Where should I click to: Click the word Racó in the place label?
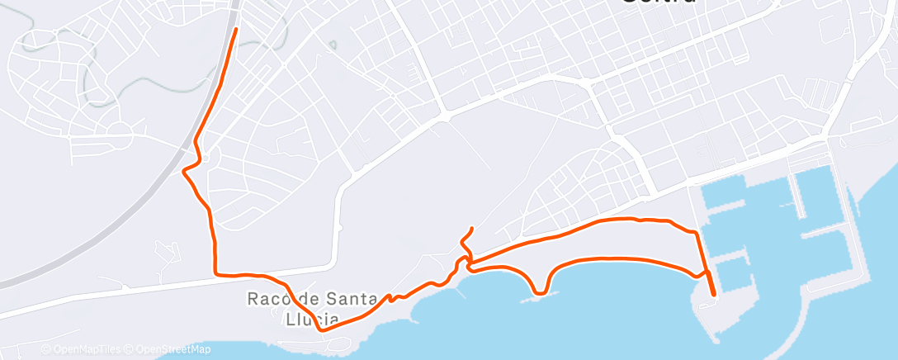(264, 299)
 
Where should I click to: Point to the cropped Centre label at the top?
(657, 3)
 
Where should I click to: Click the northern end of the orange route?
(236, 30)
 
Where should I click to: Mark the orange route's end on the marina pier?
(714, 294)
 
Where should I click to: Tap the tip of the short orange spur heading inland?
(471, 228)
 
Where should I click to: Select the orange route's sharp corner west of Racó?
(215, 272)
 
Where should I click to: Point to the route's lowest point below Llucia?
(322, 329)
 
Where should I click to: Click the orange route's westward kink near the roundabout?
(184, 170)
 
